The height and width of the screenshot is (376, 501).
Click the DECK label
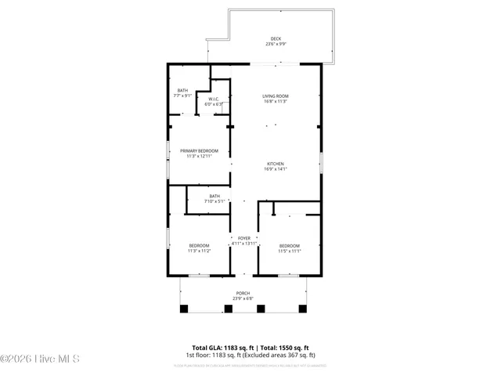tap(276, 38)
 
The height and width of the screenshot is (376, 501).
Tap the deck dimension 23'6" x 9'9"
tap(276, 44)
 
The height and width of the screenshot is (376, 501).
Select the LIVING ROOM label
tap(276, 96)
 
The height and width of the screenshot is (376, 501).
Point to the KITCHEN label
tap(276, 164)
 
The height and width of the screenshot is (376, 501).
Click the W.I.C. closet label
tap(213, 99)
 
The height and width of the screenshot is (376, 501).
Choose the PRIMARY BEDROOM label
tap(200, 150)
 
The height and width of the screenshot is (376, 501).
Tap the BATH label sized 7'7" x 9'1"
tap(182, 90)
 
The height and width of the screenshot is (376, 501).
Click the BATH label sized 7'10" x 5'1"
tap(214, 196)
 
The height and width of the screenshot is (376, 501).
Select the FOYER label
tap(244, 238)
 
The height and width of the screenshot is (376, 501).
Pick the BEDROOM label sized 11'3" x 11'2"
tap(199, 246)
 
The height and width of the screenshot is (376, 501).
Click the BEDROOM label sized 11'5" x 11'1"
tap(290, 246)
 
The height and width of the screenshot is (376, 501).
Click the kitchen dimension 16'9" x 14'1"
tap(276, 169)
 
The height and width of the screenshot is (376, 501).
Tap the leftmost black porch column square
tap(184, 308)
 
